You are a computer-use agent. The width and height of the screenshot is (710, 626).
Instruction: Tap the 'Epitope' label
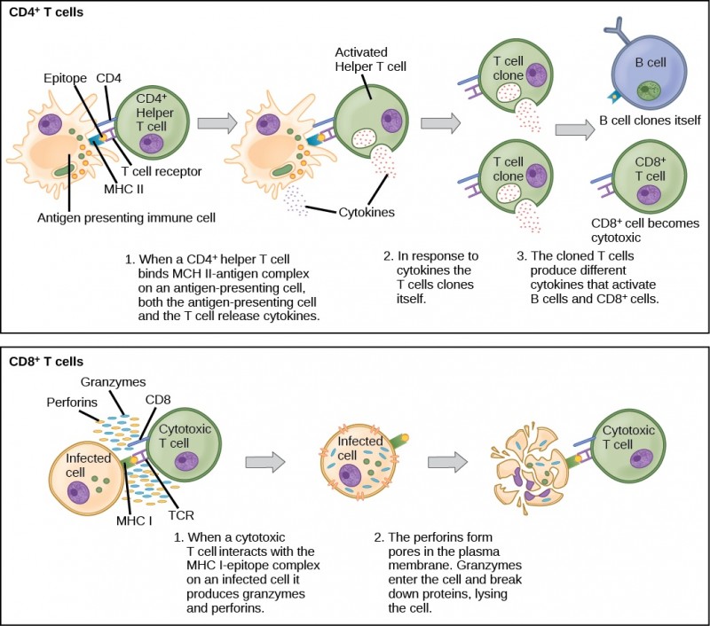point(66,78)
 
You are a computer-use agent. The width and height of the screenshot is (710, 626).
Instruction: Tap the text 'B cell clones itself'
point(649,120)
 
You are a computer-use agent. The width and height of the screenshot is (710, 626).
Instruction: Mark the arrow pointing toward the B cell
point(573,129)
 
